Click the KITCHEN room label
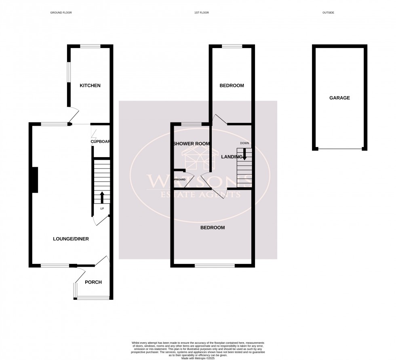[90, 86]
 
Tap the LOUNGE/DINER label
[71, 239]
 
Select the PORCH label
[93, 282]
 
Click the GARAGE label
[339, 98]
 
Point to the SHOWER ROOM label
[192, 144]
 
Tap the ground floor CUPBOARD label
[101, 142]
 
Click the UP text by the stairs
[102, 208]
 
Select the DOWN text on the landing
[244, 143]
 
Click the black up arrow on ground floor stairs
[101, 197]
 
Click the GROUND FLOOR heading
[61, 13]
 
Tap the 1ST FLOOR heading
[201, 13]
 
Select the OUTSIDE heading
[328, 13]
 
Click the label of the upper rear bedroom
[232, 86]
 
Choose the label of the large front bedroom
[213, 227]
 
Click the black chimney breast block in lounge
[35, 180]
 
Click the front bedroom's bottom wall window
[215, 265]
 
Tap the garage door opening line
[339, 149]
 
